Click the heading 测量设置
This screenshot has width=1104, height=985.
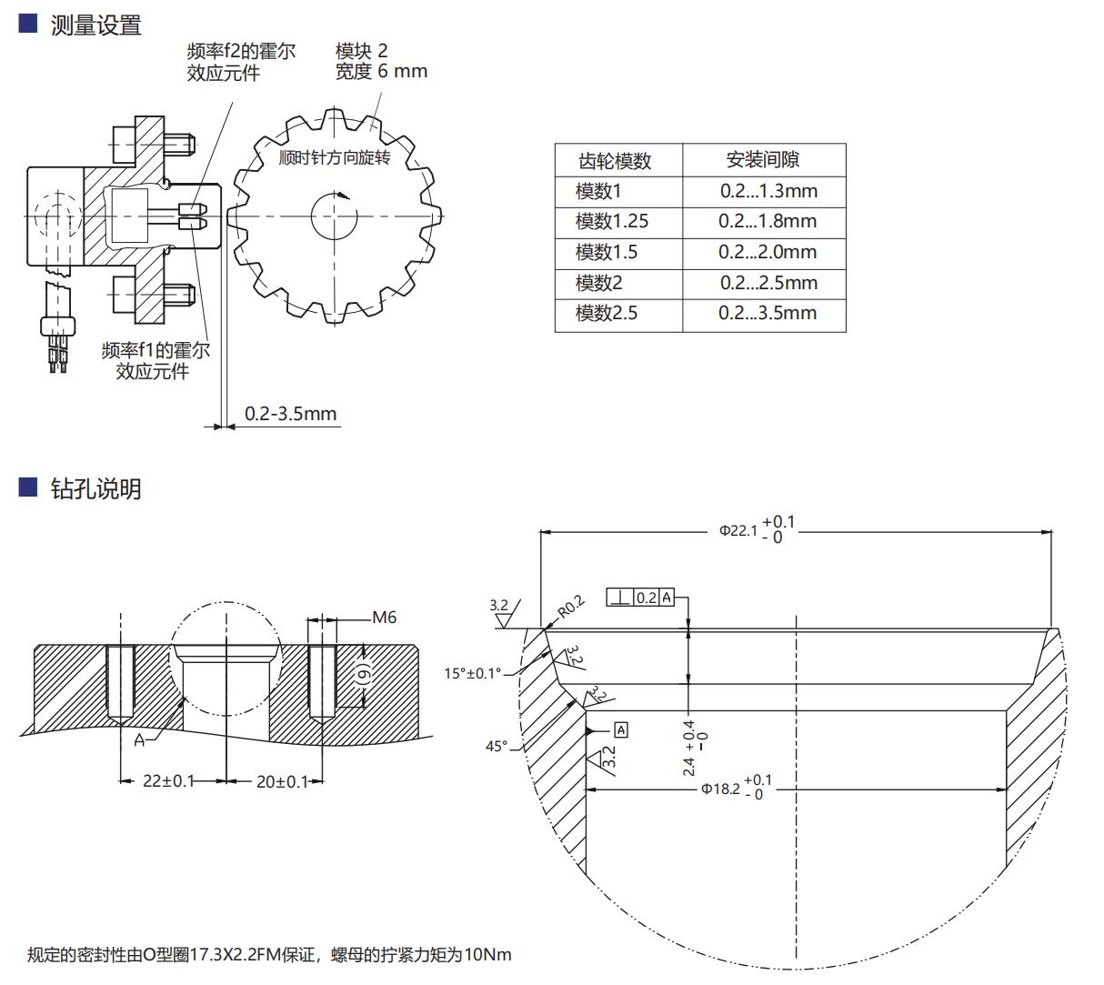pyautogui.click(x=95, y=25)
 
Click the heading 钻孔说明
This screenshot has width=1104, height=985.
pyautogui.click(x=95, y=488)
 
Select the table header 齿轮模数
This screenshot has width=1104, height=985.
pyautogui.click(x=616, y=161)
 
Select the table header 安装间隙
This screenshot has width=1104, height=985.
pyautogui.click(x=762, y=160)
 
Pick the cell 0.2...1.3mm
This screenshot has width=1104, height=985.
pyautogui.click(x=768, y=191)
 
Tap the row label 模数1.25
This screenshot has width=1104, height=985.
pyautogui.click(x=611, y=221)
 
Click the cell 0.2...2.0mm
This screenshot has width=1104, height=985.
pyautogui.click(x=768, y=252)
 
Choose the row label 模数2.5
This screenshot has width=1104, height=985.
pyautogui.click(x=606, y=313)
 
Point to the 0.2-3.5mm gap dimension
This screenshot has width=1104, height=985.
pyautogui.click(x=290, y=414)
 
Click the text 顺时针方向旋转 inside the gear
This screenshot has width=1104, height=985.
pyautogui.click(x=335, y=158)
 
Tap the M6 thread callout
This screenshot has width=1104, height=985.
pyautogui.click(x=385, y=618)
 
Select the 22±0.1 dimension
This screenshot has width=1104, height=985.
pyautogui.click(x=168, y=780)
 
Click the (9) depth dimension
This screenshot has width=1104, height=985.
pyautogui.click(x=362, y=674)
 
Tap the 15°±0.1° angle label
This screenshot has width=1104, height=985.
pyautogui.click(x=472, y=673)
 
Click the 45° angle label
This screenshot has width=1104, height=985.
pyautogui.click(x=496, y=746)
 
